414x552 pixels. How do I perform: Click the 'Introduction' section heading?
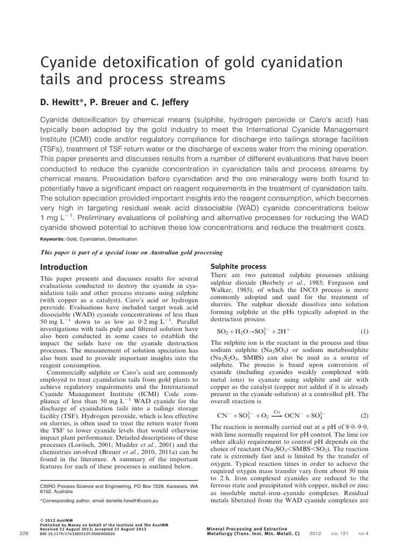click(64, 267)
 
